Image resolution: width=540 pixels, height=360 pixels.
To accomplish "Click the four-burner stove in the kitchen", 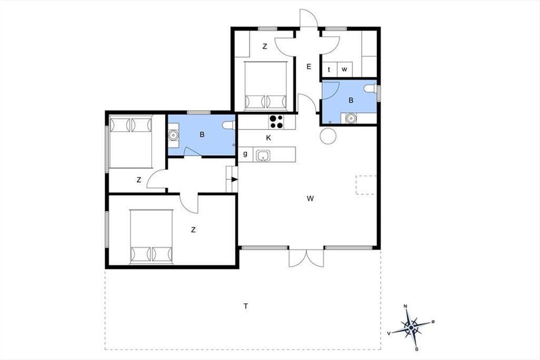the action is coord(276,122).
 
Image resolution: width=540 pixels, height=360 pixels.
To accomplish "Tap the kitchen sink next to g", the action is coord(263,156).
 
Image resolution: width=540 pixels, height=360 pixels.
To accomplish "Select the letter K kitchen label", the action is coord(268,138).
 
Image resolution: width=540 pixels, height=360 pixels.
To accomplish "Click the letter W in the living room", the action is coord(310,198).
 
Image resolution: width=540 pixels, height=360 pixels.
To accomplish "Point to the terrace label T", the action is coord(246,306).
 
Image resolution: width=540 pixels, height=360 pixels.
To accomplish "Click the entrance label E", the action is coord(309,67).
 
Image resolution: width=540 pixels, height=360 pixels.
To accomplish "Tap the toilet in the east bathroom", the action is coord(370,89).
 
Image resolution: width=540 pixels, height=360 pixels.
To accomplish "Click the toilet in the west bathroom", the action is coord(229,125).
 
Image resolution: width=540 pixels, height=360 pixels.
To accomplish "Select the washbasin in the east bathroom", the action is coord(351,118).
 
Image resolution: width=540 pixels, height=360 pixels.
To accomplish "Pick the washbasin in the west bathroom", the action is coord(173,135).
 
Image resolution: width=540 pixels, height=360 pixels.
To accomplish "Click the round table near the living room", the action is coord(328,136).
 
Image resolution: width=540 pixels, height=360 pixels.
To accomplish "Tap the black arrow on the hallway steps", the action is coord(234,180).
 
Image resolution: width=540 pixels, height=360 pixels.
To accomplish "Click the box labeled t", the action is coord(329,69).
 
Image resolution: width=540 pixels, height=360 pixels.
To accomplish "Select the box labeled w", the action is coord(345,69).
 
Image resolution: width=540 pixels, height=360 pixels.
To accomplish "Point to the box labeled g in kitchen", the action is coord(245,154).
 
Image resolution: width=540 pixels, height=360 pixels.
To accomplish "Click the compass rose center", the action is coord(411,328).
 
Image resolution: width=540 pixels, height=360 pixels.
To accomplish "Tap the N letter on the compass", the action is coord(405,306).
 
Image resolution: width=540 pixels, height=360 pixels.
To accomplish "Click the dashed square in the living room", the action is coord(366,185).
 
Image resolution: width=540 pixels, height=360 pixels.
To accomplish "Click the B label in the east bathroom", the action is coord(351,100).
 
